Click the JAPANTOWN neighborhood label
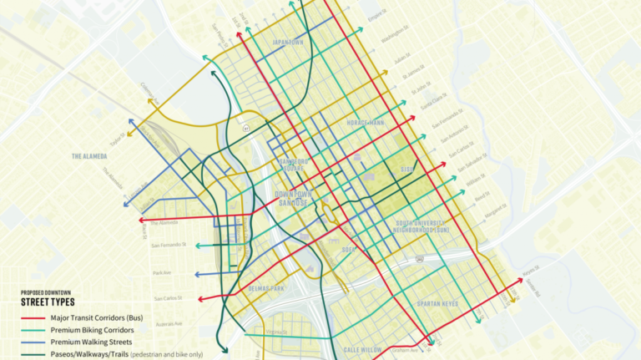click(287, 42)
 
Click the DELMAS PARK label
click(266, 288)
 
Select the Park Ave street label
click(163, 273)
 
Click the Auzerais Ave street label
click(166, 322)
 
